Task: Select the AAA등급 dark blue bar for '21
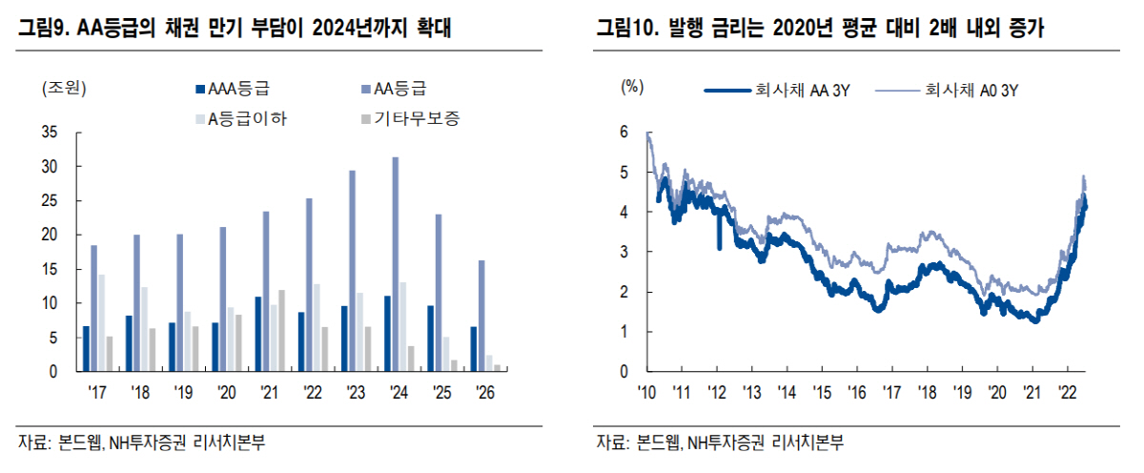tap(257, 334)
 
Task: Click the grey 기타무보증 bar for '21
tap(281, 330)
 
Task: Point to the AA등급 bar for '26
tap(480, 316)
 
